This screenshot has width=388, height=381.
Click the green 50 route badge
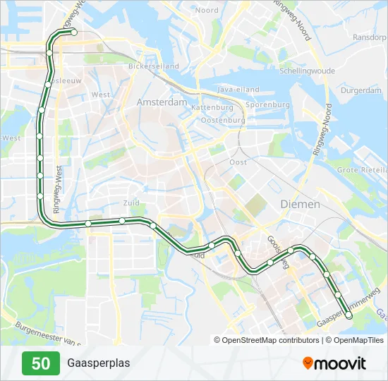(x=41, y=363)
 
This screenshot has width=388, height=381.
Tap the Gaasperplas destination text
(x=99, y=363)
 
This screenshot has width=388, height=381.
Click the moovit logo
(x=334, y=363)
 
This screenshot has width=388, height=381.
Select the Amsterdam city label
(x=162, y=102)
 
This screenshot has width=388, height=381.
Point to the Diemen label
(x=300, y=204)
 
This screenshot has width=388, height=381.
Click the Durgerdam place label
(x=360, y=90)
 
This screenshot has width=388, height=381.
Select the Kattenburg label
(x=212, y=107)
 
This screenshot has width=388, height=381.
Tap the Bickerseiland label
(x=153, y=66)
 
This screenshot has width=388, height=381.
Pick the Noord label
(x=207, y=11)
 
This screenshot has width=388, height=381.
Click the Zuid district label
(x=131, y=202)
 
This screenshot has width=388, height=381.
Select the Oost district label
(x=238, y=162)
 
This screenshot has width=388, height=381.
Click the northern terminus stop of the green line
(x=74, y=32)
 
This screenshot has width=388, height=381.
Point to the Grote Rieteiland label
(x=362, y=170)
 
